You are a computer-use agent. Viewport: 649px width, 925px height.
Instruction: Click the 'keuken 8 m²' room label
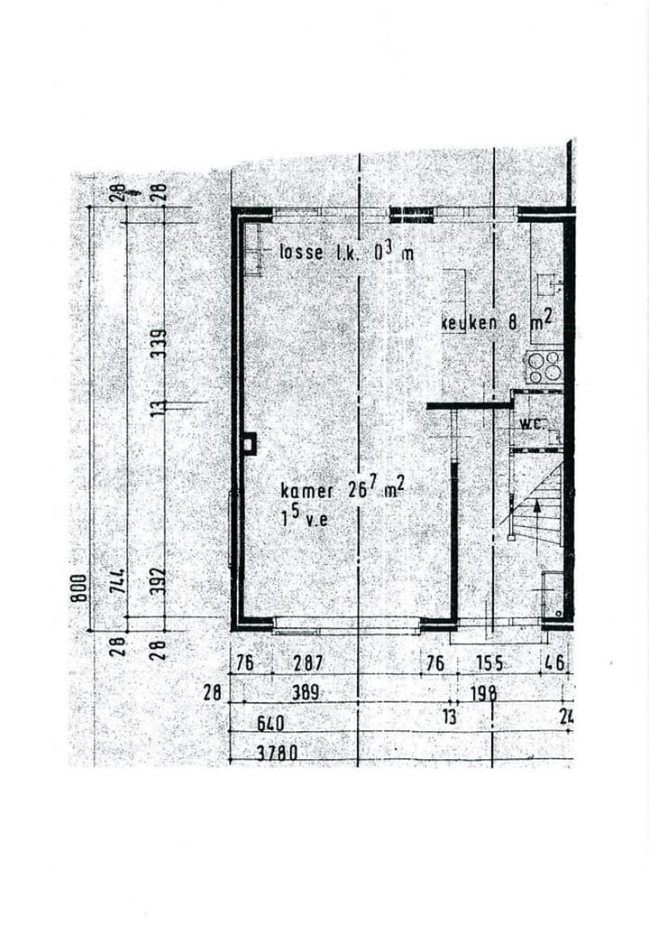point(496,322)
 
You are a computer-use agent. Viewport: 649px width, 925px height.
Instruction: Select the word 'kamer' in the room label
point(307,491)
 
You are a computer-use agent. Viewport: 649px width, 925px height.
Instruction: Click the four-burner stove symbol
point(544,367)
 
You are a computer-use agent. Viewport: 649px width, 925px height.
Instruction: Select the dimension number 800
point(79,588)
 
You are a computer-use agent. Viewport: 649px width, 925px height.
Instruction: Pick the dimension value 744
point(117,578)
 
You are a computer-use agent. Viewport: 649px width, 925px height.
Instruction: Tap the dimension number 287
point(308,663)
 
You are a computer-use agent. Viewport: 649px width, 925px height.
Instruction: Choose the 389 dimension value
point(309,693)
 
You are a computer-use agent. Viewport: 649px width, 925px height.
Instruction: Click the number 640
point(270,724)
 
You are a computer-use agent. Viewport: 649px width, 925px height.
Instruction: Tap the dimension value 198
point(484,693)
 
